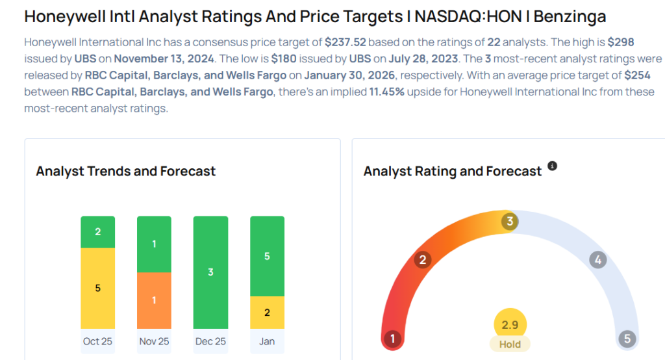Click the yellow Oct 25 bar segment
(x=97, y=288)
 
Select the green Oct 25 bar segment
(x=97, y=232)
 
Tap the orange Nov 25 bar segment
(x=154, y=300)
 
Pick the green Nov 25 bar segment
(x=154, y=244)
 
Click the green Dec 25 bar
(x=210, y=272)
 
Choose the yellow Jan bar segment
(x=267, y=313)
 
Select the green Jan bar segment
(x=267, y=256)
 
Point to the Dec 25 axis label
(x=210, y=341)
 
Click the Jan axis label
(x=267, y=341)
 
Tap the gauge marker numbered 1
(x=392, y=339)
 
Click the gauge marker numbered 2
(x=423, y=261)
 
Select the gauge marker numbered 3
(x=510, y=222)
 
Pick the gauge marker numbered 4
(x=597, y=261)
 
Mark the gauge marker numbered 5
(x=627, y=339)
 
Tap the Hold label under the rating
(x=510, y=344)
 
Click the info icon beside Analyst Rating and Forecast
(x=552, y=166)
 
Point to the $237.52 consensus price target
(x=347, y=42)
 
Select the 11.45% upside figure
(x=386, y=92)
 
